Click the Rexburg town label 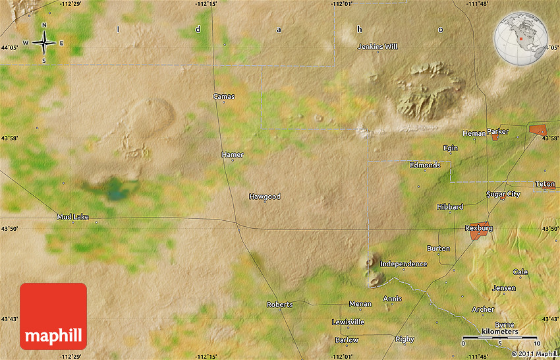coord(479,228)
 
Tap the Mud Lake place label coord(72,216)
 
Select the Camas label coord(224,96)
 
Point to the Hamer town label coord(233,154)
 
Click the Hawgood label coord(264,196)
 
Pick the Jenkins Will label coord(378,47)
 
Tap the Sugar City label coord(503,194)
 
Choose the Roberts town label coord(279,305)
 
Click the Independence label coord(404,264)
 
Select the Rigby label coord(405,339)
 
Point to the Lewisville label coord(348,322)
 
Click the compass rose coord(44,43)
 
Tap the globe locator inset coord(520,38)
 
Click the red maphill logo coord(53,316)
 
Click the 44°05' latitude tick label coord(10,47)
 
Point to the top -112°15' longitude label coord(207,4)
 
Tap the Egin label coord(451,148)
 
